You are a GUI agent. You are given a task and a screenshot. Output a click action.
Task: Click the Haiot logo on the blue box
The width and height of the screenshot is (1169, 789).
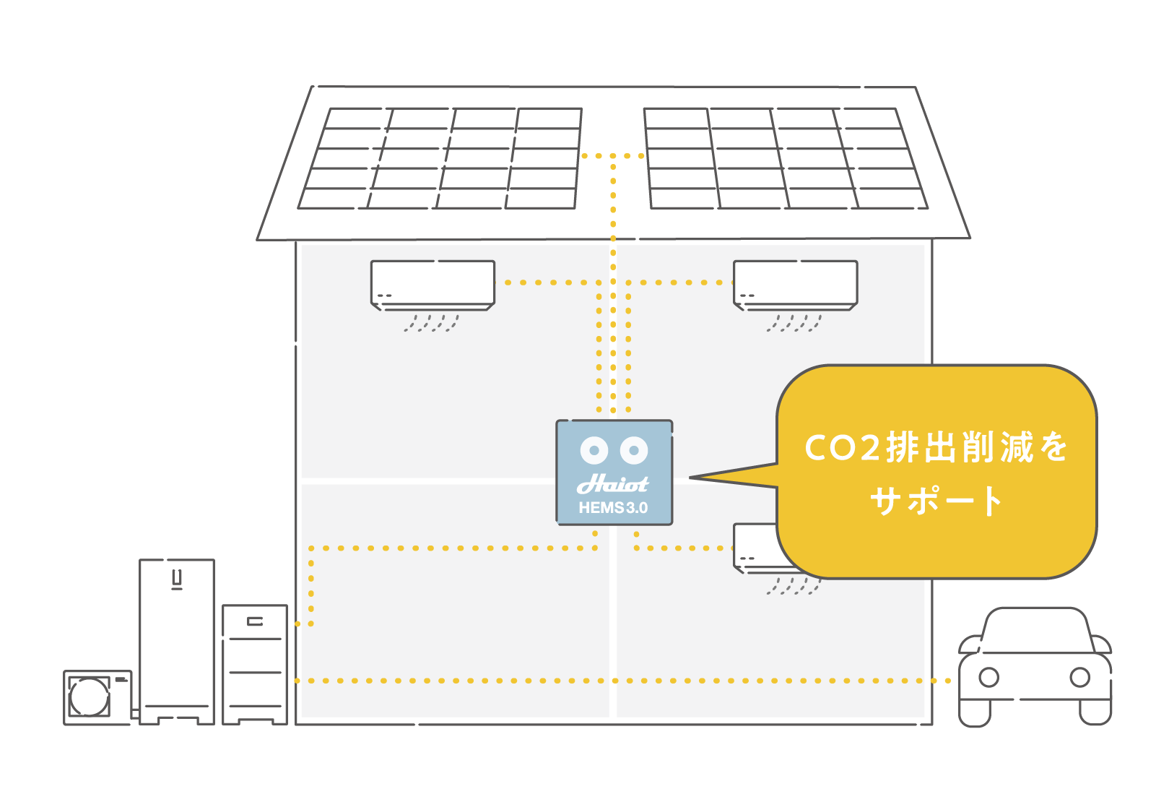[613, 483]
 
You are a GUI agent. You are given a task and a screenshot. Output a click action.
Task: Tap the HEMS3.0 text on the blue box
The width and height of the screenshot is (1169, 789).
[613, 508]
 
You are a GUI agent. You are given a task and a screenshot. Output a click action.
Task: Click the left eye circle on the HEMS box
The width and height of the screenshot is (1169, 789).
[594, 451]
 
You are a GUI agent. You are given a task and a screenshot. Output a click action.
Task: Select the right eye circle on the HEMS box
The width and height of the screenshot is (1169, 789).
[634, 451]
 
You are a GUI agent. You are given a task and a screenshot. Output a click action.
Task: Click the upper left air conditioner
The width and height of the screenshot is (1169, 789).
[433, 285]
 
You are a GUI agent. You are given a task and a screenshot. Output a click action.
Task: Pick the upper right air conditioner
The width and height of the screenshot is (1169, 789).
[795, 285]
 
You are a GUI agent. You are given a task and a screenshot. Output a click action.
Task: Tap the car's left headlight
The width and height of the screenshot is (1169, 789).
[988, 678]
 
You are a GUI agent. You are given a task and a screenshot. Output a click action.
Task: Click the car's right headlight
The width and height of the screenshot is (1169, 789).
[1079, 678]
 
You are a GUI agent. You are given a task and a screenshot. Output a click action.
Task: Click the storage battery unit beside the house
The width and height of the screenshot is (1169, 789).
[255, 663]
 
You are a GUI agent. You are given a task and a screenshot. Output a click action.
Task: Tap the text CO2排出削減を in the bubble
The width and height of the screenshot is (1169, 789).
[936, 447]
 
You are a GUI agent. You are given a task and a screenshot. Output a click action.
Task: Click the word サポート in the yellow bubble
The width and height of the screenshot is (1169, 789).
[936, 501]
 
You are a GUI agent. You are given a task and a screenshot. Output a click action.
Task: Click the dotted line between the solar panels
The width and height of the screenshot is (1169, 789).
[613, 156]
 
